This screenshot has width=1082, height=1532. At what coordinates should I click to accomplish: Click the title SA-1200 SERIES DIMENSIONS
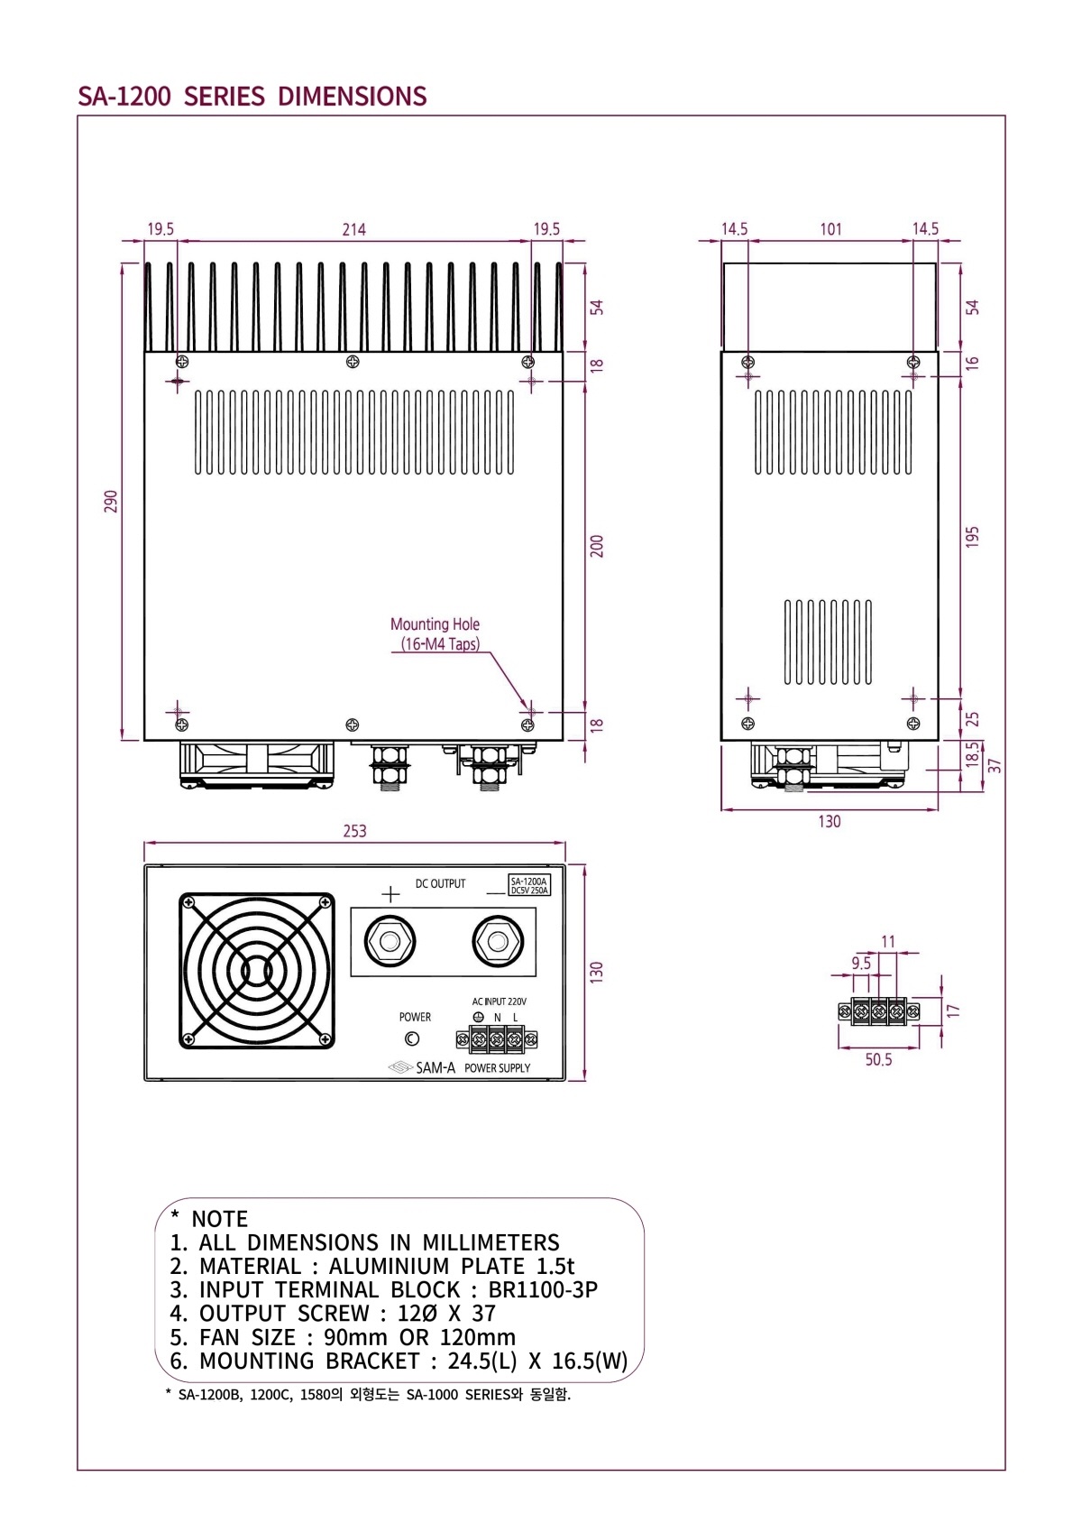(x=252, y=97)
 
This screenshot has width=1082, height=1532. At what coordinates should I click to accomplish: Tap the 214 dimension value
(x=353, y=229)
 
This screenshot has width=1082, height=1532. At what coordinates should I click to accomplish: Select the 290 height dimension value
(x=111, y=502)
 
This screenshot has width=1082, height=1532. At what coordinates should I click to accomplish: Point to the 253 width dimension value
(x=354, y=831)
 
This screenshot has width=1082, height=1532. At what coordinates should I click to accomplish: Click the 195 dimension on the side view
(x=972, y=537)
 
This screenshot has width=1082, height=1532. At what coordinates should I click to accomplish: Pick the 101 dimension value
(x=830, y=229)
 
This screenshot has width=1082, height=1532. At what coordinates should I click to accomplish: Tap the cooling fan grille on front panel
(x=257, y=971)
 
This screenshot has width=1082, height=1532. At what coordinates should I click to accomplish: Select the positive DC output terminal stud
(x=390, y=942)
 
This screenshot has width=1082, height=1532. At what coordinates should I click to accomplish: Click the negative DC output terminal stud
(x=497, y=942)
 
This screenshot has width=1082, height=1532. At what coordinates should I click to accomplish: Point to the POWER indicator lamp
(x=412, y=1039)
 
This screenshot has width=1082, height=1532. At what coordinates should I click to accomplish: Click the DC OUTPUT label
(x=440, y=884)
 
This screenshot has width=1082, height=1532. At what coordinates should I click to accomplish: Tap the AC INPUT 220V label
(x=499, y=1001)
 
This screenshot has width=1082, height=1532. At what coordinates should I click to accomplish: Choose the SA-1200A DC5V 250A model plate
(x=529, y=885)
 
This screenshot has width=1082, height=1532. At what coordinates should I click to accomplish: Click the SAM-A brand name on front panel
(x=435, y=1068)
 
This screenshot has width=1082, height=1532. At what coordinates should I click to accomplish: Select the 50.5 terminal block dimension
(x=878, y=1059)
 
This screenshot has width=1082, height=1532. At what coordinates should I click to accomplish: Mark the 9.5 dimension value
(x=861, y=963)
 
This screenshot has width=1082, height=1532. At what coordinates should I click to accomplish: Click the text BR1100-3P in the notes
(x=543, y=1290)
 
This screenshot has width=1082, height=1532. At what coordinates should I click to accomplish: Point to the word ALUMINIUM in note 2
(x=389, y=1267)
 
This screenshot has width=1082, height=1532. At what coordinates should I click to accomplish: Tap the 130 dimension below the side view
(x=829, y=822)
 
